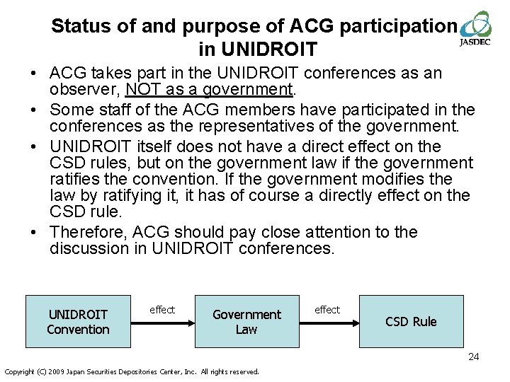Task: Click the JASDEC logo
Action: pos(475,28)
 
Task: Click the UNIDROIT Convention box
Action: pos(78,321)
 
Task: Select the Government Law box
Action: pos(246,321)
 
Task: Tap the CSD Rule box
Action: pos(411,321)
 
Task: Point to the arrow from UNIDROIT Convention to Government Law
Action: pos(163,322)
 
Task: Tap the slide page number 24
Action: pos(473,357)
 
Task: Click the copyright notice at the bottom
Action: pos(132,371)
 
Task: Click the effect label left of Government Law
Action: pos(162,310)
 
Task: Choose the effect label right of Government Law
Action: pos(327,310)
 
